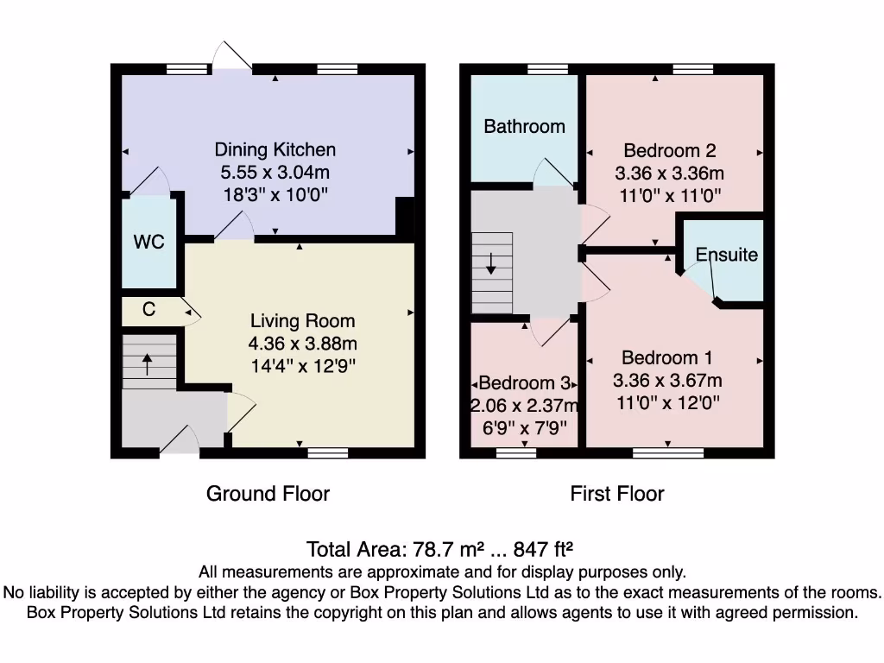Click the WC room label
coord(148,242)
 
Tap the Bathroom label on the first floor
coord(524,126)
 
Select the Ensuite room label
coord(727,255)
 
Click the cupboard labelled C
coord(148,309)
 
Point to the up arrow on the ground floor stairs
coord(147,364)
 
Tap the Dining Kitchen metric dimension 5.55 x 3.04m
coord(275,172)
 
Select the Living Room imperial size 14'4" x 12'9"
coord(303,366)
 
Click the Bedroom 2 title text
coord(670,150)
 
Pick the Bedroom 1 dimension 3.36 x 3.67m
coord(667,381)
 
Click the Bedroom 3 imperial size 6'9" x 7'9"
coord(524,428)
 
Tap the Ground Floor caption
coord(268,494)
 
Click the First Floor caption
coord(617,494)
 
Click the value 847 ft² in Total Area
coord(544,548)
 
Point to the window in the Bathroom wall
coord(548,69)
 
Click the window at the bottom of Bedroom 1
coord(668,452)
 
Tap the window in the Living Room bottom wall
coord(328,452)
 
